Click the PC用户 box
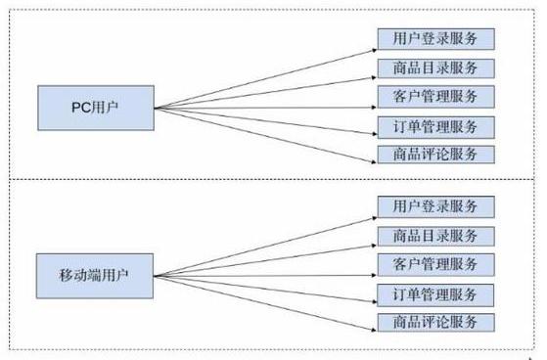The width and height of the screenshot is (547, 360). pos(96,109)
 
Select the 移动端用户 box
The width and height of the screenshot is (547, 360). pos(95,276)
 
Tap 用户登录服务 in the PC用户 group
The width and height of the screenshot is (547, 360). pos(436,39)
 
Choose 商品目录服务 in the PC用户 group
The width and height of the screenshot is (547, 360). pos(436,68)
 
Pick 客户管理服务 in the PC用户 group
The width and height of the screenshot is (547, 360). pos(436,97)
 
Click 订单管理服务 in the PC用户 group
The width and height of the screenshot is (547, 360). pos(436,127)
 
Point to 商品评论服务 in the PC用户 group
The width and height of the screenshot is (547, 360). pos(436,155)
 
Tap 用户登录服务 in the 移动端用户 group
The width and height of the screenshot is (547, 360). pos(436,206)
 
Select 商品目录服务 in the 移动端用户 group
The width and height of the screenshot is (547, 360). pos(436,236)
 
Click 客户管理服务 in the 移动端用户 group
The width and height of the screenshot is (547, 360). pos(436,265)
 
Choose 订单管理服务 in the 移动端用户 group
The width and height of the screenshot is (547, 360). pos(435,295)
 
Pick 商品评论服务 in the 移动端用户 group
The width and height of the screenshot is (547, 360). pos(436,322)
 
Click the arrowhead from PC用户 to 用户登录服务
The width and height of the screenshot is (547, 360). pos(375,51)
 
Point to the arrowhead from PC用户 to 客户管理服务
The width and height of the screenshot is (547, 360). pos(375,108)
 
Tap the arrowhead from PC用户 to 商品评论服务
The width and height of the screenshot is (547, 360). pos(375,161)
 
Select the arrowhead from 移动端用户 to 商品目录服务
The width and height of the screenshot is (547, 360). pos(375,246)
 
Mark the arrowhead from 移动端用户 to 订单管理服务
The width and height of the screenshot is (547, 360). pos(375,301)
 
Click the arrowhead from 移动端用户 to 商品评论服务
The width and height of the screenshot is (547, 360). pos(375,330)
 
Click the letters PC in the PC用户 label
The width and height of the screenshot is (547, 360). pos(81,108)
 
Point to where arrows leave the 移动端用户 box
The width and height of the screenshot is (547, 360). pos(154,276)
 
